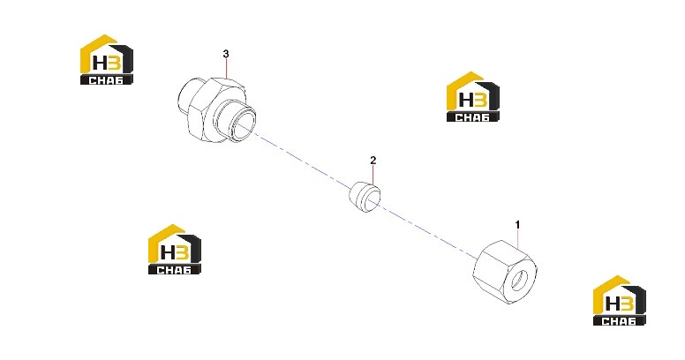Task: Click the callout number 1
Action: click(x=517, y=225)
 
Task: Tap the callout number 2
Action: click(x=373, y=161)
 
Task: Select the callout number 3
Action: click(x=226, y=54)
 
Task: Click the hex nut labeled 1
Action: click(x=505, y=272)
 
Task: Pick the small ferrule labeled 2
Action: click(x=365, y=197)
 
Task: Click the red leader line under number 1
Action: click(x=517, y=239)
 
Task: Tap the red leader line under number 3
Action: click(x=226, y=69)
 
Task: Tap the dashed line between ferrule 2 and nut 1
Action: click(x=428, y=231)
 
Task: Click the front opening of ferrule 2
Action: click(x=373, y=198)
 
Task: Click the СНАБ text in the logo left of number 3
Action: click(x=106, y=80)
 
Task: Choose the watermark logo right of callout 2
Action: click(x=472, y=96)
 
